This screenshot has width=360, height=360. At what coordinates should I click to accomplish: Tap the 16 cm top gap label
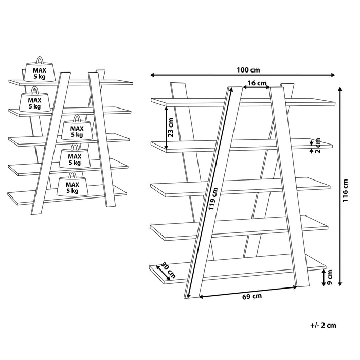click(256, 83)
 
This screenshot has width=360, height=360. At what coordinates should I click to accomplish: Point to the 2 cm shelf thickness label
click(318, 146)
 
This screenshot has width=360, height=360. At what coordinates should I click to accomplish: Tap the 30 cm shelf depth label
click(165, 270)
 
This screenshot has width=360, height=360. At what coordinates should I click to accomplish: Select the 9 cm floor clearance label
click(330, 278)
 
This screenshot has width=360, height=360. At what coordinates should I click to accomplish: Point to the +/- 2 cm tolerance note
click(323, 325)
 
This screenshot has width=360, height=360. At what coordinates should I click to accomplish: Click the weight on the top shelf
click(40, 72)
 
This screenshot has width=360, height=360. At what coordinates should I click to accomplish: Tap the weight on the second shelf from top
click(34, 102)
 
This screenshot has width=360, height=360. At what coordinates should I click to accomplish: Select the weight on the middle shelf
click(77, 131)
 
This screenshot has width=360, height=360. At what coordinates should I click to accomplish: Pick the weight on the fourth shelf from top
click(74, 158)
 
